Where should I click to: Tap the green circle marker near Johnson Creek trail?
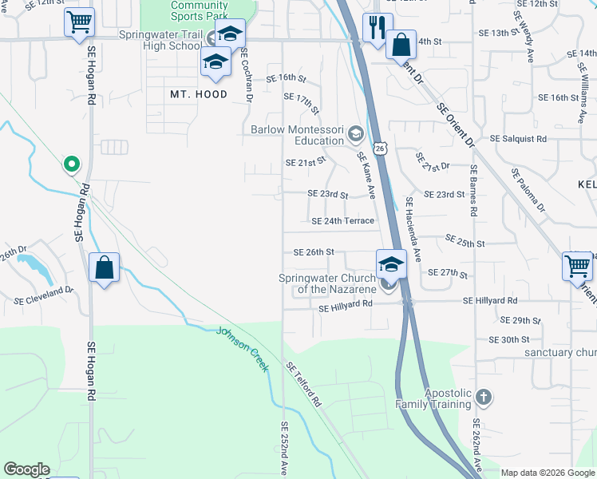coord(71,164)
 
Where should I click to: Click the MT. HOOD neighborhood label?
coord(199,94)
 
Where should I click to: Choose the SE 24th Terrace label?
coord(342,221)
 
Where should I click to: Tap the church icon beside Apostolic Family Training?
coord(482,397)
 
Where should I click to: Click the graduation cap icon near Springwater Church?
coord(391,263)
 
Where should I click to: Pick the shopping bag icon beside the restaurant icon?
coord(401,44)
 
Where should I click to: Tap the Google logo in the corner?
coord(26,469)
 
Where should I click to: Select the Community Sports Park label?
coord(199,10)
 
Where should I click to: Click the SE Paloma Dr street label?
coord(528,190)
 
